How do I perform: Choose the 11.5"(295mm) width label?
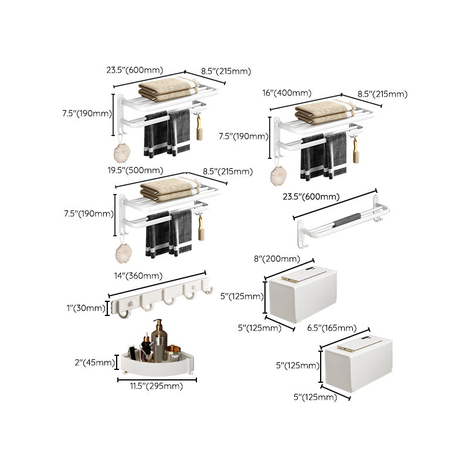coord(157,386)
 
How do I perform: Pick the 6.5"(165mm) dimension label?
coord(332,328)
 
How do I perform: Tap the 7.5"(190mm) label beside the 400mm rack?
coord(242,137)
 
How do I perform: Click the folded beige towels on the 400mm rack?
coord(322,112)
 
